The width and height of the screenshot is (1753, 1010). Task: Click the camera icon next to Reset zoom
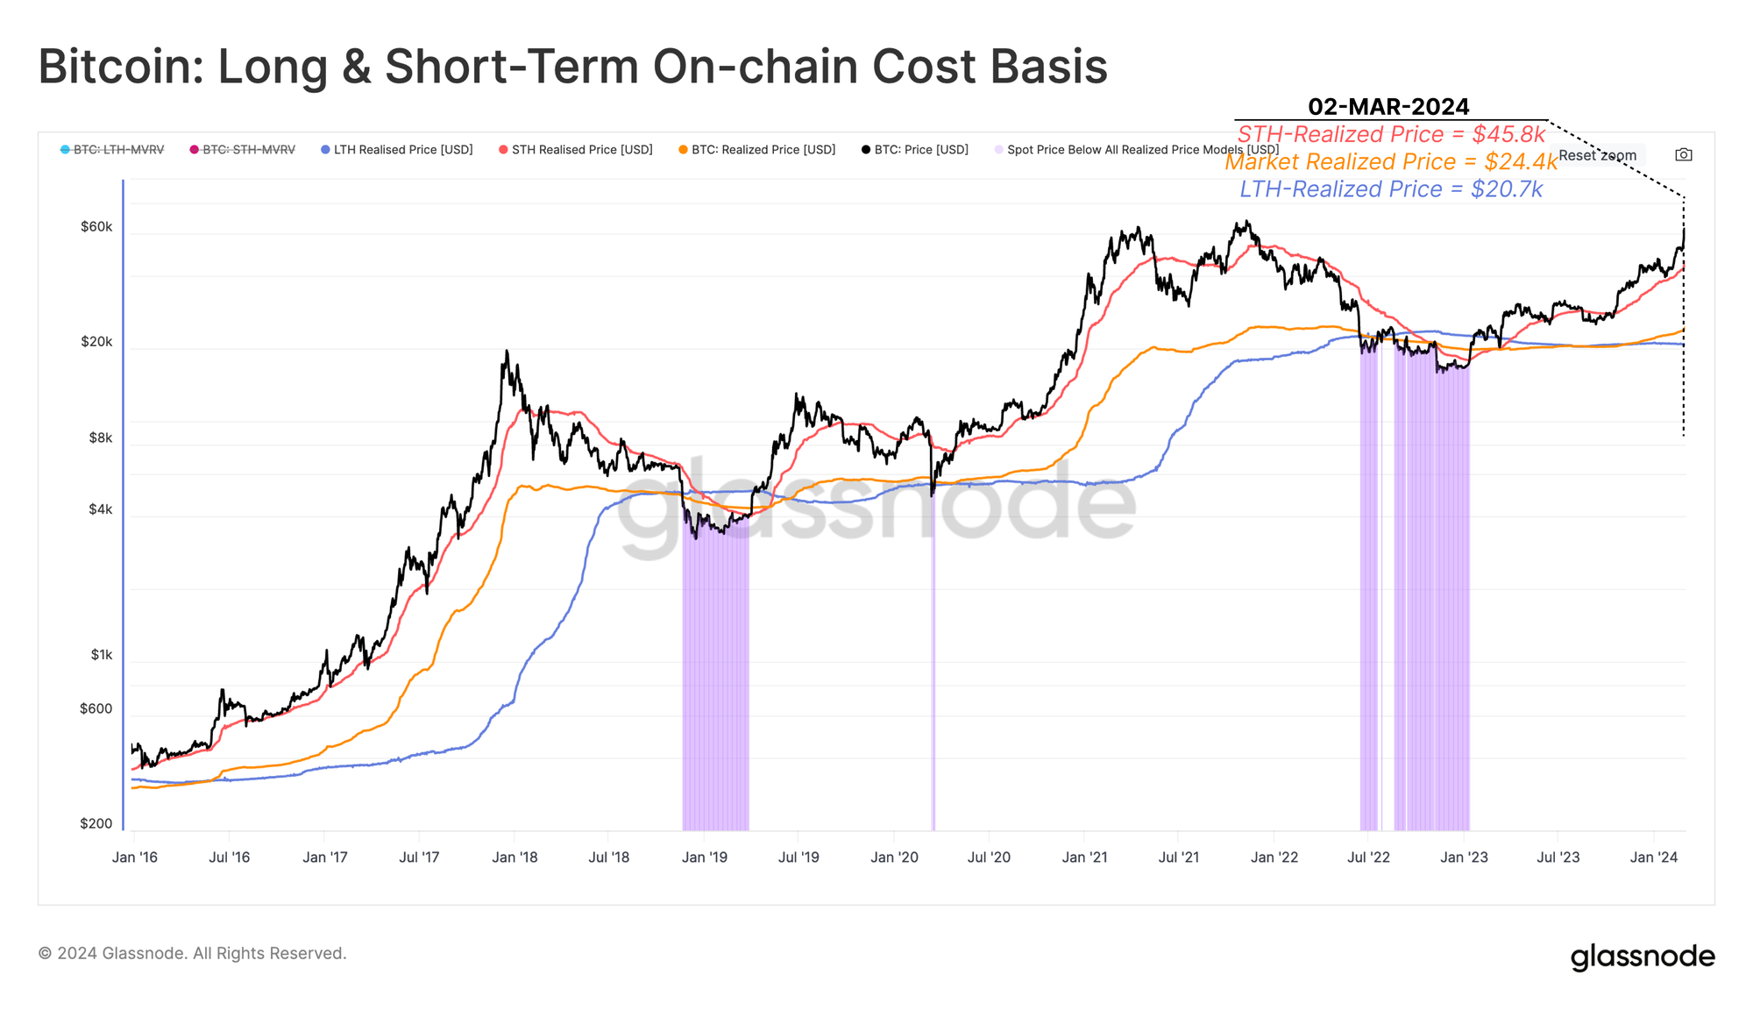[1683, 155]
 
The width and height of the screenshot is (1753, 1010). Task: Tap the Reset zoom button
[1597, 155]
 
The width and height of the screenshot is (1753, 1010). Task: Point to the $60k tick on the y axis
[96, 227]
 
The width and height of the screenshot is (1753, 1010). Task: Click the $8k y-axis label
[101, 437]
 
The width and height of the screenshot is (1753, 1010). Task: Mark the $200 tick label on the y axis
[96, 823]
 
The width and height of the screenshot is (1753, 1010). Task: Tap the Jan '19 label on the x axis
[705, 857]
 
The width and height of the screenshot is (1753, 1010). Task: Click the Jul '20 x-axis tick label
[989, 857]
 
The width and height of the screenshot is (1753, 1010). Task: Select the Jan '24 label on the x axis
[1653, 857]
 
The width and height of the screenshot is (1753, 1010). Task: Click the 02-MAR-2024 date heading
[1388, 107]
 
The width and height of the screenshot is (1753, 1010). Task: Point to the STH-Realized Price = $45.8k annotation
[1391, 134]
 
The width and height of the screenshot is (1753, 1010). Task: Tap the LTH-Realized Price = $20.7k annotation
[1391, 189]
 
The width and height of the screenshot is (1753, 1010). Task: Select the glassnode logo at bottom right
[1642, 956]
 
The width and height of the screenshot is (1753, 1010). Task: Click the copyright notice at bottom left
[193, 953]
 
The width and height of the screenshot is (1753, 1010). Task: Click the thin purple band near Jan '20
[933, 666]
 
